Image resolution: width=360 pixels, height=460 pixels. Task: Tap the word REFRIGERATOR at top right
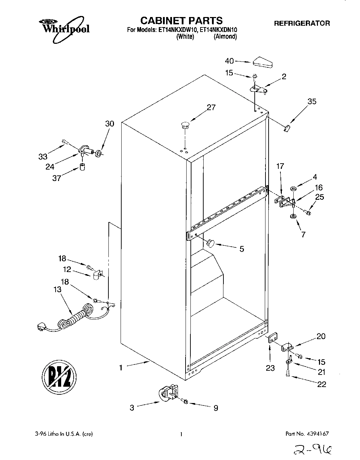[302, 24]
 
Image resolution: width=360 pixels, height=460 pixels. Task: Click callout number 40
[229, 61]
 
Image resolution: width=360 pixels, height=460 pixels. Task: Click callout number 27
[211, 108]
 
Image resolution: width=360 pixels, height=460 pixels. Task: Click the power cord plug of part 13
[42, 327]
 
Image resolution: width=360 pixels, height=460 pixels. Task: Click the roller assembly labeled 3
[168, 394]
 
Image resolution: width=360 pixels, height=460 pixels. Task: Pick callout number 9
[215, 408]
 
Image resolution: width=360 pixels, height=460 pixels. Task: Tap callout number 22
[322, 384]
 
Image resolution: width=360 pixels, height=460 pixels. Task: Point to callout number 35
[312, 101]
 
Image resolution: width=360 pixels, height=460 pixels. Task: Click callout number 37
[57, 178]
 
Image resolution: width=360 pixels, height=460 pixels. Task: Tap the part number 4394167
[317, 434]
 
